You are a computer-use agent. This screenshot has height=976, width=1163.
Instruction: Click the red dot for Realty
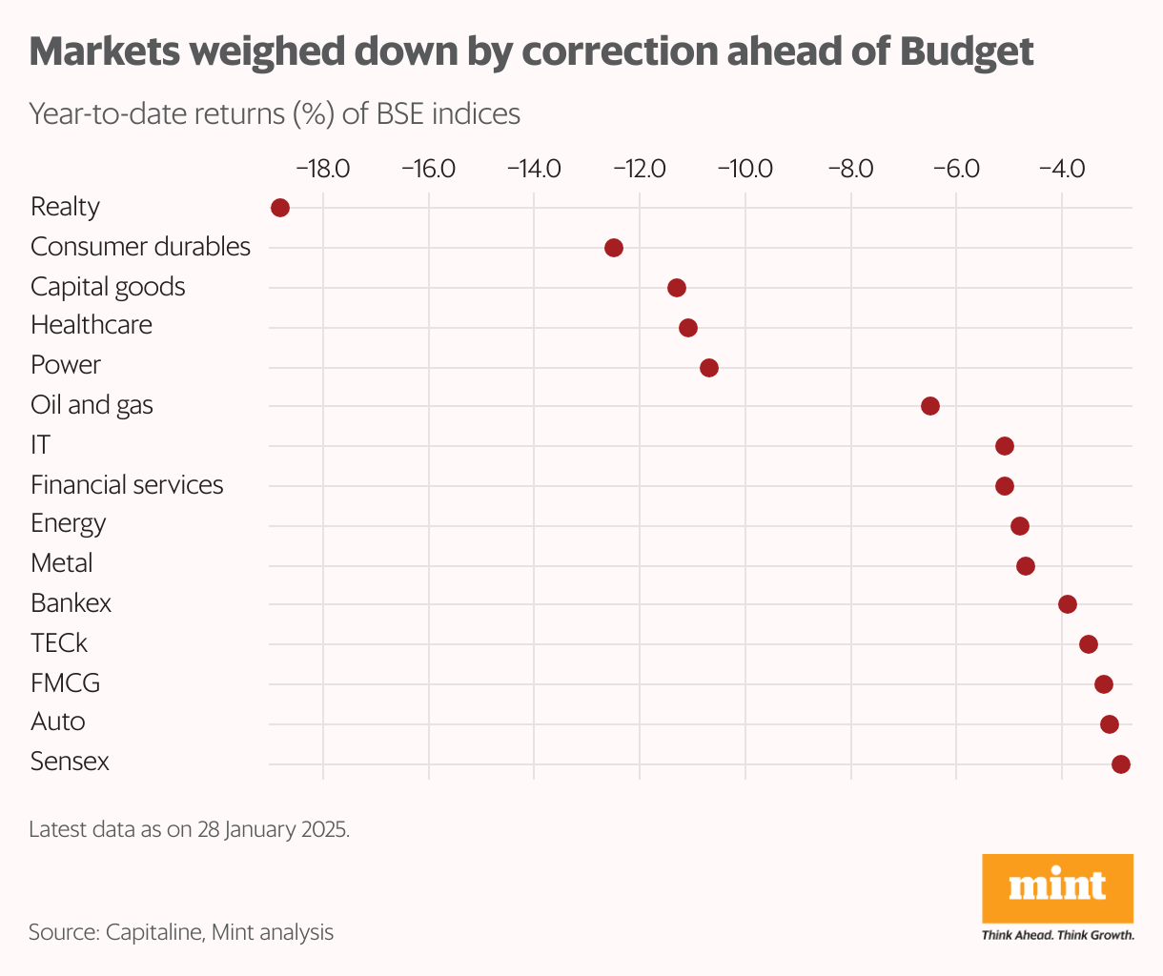pyautogui.click(x=280, y=208)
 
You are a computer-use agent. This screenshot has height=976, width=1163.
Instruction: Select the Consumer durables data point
pyautogui.click(x=614, y=248)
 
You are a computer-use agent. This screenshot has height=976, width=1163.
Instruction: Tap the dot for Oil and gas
pyautogui.click(x=930, y=406)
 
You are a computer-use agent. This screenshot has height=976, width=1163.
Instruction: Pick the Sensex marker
pyautogui.click(x=1121, y=763)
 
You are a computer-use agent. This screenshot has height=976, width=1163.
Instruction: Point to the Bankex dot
pyautogui.click(x=1068, y=604)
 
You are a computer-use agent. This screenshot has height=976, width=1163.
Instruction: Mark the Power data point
pyautogui.click(x=709, y=368)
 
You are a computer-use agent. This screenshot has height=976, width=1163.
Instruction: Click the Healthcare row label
pyautogui.click(x=92, y=325)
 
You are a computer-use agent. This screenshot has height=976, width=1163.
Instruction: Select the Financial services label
pyautogui.click(x=127, y=485)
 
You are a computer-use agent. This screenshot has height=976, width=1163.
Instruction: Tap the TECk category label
pyautogui.click(x=59, y=643)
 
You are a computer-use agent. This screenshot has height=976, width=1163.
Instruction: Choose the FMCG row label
pyautogui.click(x=65, y=683)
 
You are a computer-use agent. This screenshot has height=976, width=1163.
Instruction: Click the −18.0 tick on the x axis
pyautogui.click(x=323, y=170)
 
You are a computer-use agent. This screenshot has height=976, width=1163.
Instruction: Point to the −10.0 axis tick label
pyautogui.click(x=745, y=170)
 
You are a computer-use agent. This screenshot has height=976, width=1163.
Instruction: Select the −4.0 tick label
pyautogui.click(x=1061, y=170)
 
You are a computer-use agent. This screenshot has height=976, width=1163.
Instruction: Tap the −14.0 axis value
pyautogui.click(x=534, y=170)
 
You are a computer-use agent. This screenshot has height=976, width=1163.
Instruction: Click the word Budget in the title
pyautogui.click(x=967, y=52)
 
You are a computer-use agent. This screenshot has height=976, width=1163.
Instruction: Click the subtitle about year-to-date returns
pyautogui.click(x=275, y=113)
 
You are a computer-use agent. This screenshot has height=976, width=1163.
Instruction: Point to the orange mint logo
pyautogui.click(x=1057, y=886)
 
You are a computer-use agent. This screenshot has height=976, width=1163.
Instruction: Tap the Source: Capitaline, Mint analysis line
pyautogui.click(x=181, y=931)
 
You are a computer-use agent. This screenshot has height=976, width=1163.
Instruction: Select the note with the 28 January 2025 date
pyautogui.click(x=189, y=828)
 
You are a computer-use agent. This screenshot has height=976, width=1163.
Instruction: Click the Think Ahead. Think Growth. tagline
pyautogui.click(x=1057, y=935)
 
